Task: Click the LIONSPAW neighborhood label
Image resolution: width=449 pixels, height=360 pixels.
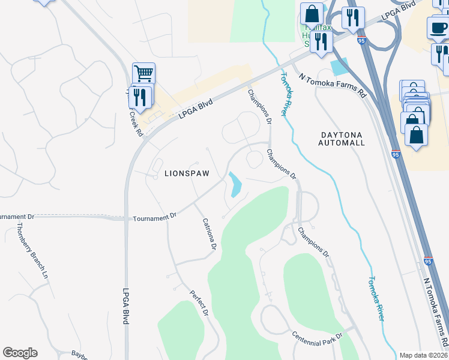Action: pyautogui.click(x=187, y=173)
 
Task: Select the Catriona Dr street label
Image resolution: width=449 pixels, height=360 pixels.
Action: pyautogui.click(x=208, y=233)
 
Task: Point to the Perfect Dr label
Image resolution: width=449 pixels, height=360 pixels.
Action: pyautogui.click(x=199, y=304)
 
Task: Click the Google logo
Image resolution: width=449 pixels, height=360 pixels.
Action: pyautogui.click(x=20, y=353)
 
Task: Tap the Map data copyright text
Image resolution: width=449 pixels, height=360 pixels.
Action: pyautogui.click(x=424, y=355)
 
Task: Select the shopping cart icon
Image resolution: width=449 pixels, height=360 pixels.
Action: pyautogui.click(x=143, y=74)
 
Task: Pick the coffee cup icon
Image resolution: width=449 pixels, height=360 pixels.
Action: pyautogui.click(x=438, y=26)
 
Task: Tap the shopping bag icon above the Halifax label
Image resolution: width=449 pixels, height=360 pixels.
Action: pyautogui.click(x=312, y=14)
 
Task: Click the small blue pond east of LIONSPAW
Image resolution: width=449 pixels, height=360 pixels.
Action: pyautogui.click(x=234, y=184)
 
